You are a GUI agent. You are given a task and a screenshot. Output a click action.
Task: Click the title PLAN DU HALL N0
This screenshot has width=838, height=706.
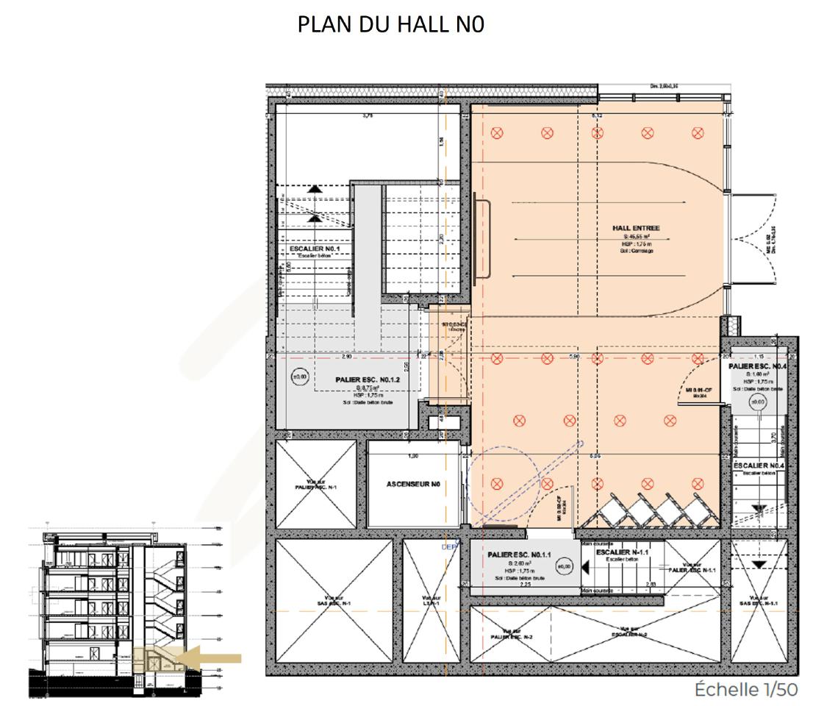[x=391, y=24]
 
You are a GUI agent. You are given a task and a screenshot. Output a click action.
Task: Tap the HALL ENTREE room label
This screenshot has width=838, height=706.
[x=636, y=229]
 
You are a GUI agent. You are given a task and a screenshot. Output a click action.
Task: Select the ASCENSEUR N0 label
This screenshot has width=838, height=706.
[x=413, y=485]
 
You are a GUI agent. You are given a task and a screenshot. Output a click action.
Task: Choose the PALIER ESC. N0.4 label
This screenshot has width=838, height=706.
[x=758, y=366]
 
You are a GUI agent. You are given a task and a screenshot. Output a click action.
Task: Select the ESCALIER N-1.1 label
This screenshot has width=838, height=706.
[x=622, y=552]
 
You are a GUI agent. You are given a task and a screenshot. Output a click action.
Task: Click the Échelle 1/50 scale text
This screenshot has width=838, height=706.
[x=746, y=689]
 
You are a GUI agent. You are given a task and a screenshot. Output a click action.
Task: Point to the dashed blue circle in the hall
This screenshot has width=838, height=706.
[x=499, y=482]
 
